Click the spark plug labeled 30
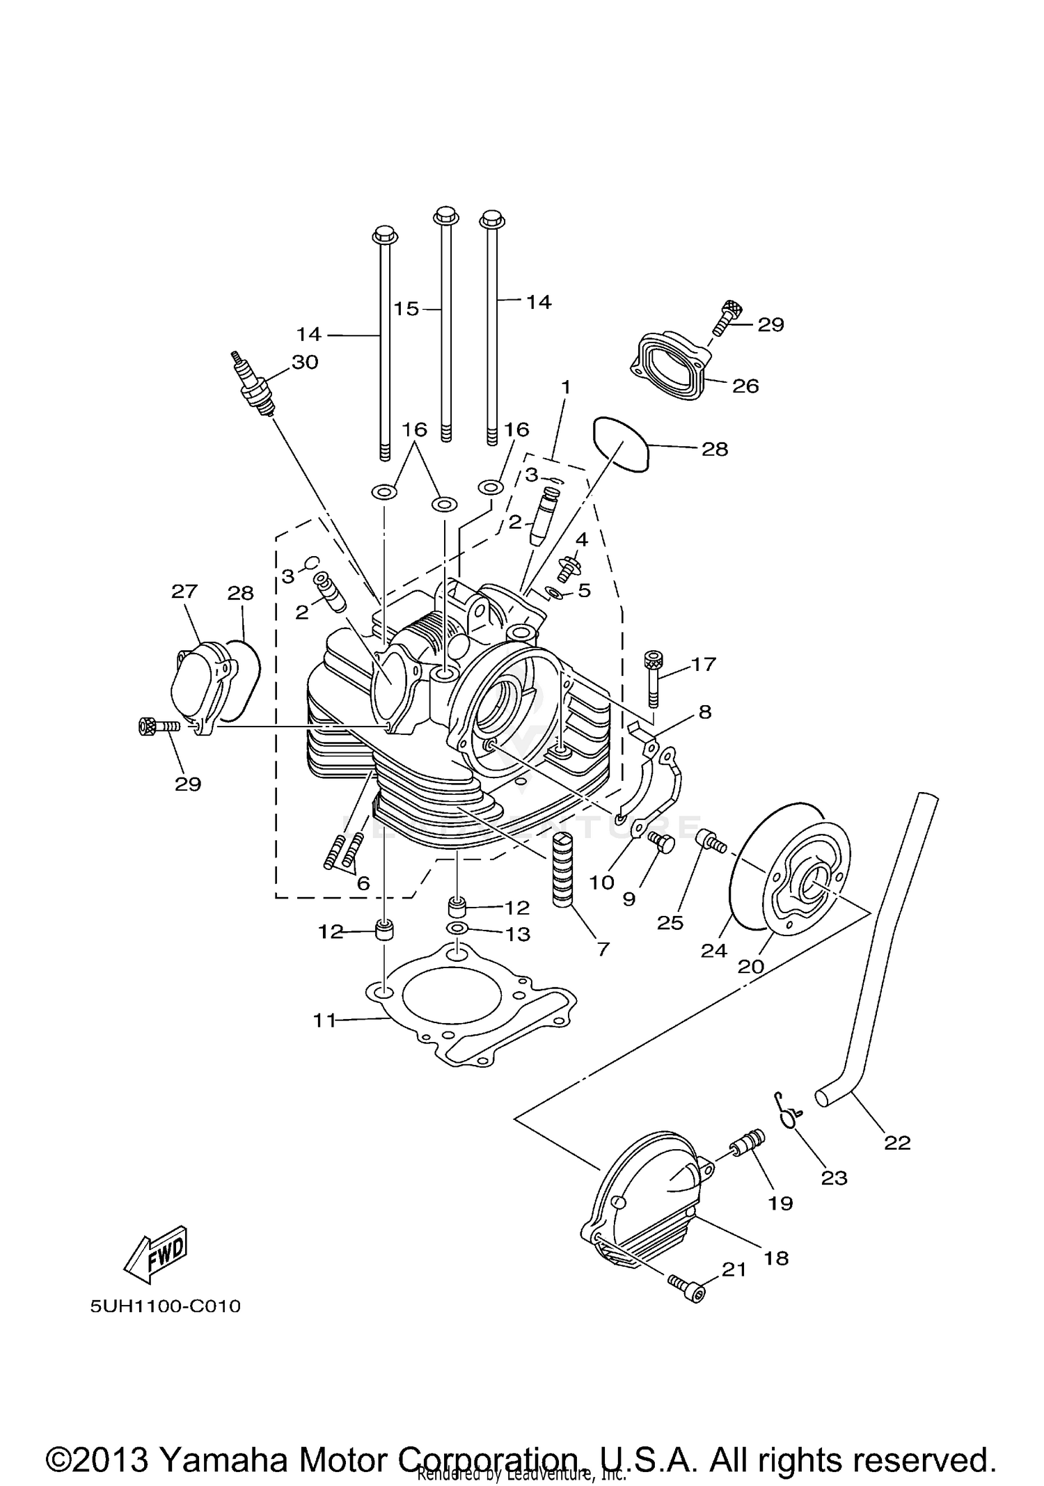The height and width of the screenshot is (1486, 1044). [253, 386]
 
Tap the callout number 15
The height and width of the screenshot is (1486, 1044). [406, 308]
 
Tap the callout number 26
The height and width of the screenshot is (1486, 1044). [745, 386]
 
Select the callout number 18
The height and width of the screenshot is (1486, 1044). [776, 1258]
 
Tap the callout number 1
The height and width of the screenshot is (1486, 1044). [566, 386]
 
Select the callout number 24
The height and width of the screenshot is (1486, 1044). [714, 950]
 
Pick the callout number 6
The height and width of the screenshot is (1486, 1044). [363, 883]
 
